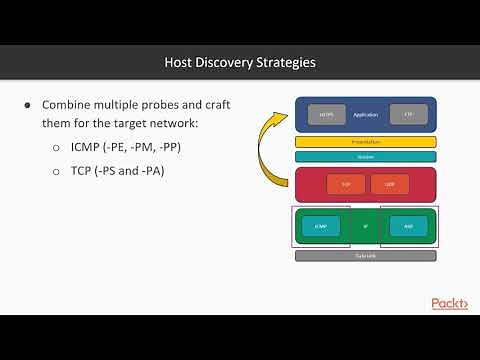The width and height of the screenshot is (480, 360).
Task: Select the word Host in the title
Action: (181, 62)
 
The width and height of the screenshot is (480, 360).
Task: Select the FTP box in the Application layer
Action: (408, 115)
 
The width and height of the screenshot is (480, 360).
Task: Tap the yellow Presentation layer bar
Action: (365, 142)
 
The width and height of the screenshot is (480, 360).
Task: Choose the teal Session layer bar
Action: (365, 156)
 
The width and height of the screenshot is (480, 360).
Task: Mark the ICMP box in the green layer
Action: (320, 227)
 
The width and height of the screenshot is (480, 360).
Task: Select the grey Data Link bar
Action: (365, 256)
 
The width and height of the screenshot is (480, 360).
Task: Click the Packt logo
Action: (448, 303)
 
